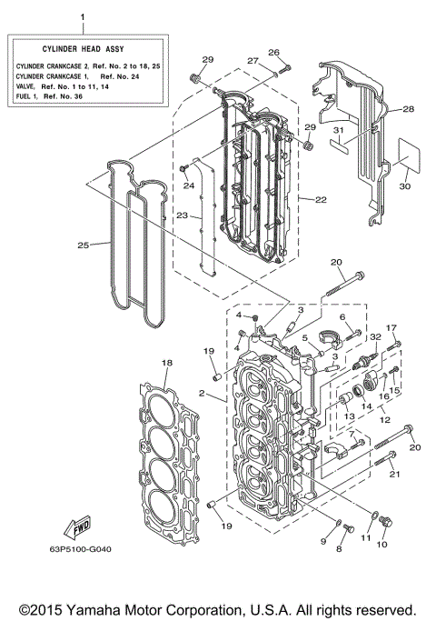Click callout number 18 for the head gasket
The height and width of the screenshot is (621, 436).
coord(165,363)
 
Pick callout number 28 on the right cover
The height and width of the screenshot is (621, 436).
coord(408,108)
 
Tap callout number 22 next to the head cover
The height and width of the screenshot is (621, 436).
coord(322,199)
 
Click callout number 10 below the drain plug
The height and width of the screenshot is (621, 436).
coord(381,544)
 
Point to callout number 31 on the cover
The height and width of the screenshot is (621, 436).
coord(338,130)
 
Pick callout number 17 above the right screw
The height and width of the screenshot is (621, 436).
coord(392,327)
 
